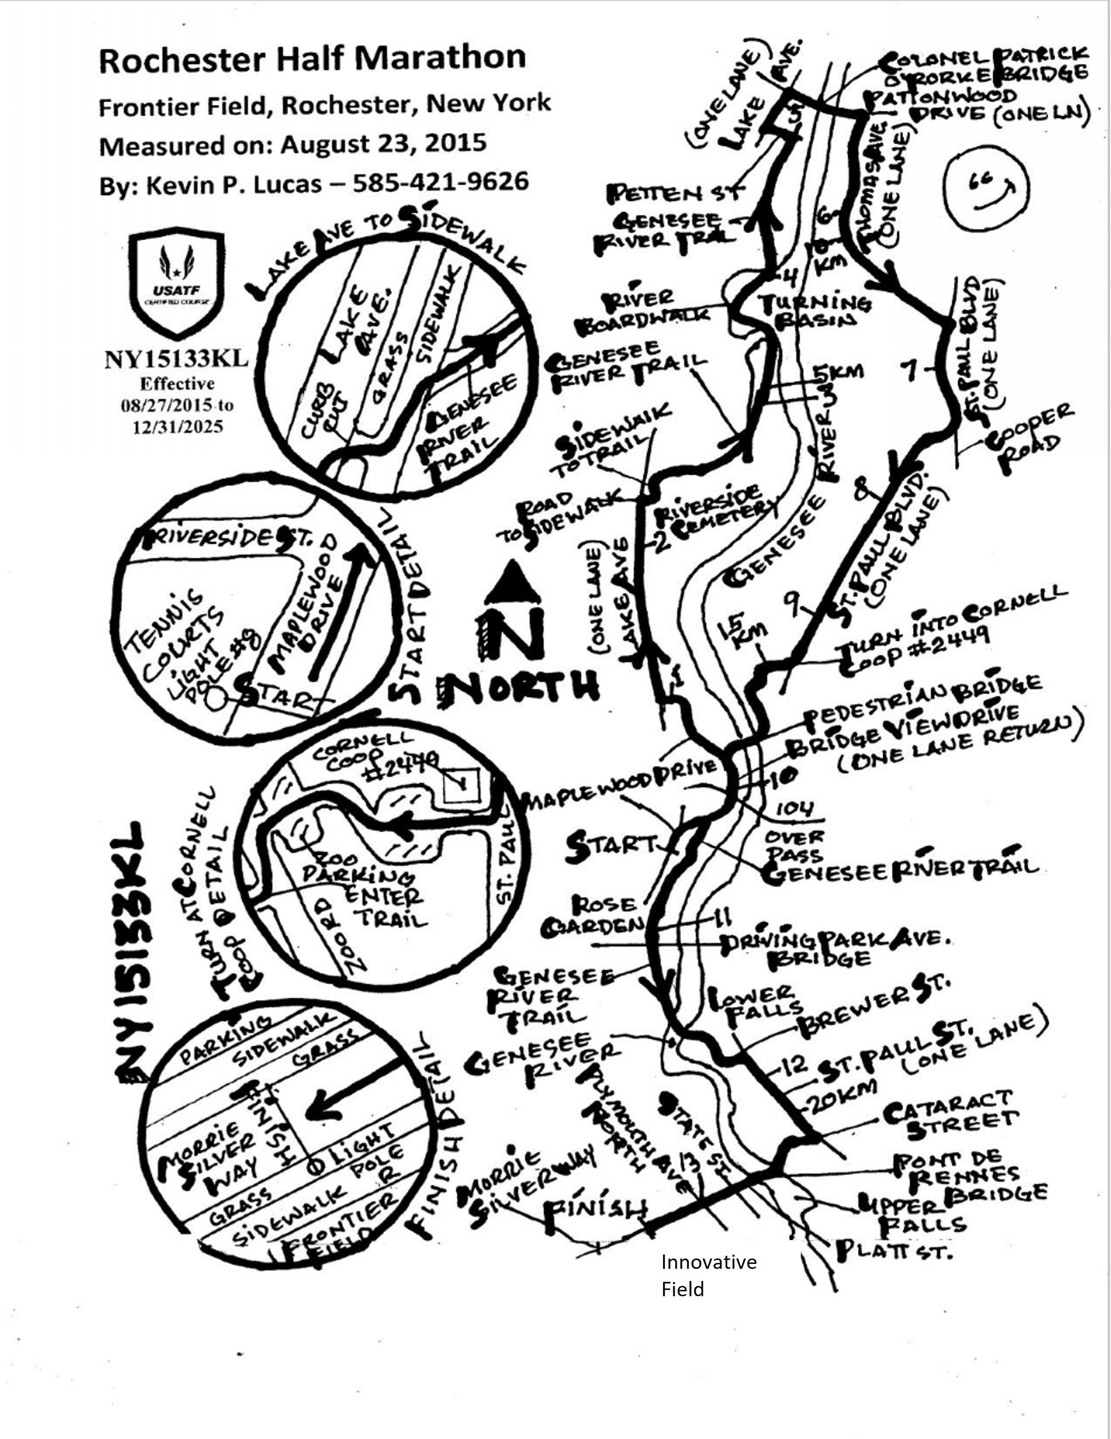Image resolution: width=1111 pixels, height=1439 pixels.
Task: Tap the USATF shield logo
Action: pyautogui.click(x=176, y=283)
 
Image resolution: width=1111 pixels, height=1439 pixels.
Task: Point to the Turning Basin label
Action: pyautogui.click(x=815, y=312)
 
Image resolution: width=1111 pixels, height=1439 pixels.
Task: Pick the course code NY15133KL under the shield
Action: pyautogui.click(x=176, y=359)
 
